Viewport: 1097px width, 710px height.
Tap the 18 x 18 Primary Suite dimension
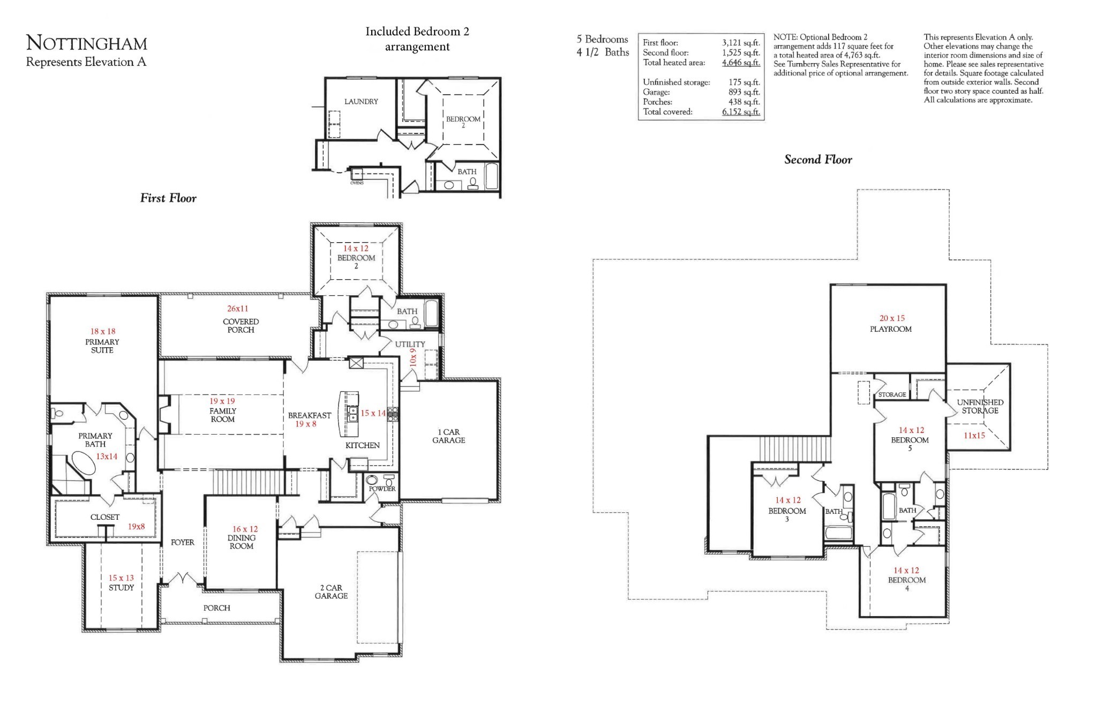102,332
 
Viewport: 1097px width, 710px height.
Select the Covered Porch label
241,326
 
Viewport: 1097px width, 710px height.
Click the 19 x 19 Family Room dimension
222,401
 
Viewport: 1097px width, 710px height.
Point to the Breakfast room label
309,415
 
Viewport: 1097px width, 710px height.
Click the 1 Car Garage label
448,436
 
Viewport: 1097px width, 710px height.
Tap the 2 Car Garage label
331,592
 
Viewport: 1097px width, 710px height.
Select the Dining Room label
241,542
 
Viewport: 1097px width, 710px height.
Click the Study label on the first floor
121,587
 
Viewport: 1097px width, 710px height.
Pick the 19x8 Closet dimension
136,527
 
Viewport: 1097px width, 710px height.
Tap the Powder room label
382,489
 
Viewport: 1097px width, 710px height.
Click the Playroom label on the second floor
890,329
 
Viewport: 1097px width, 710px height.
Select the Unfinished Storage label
980,406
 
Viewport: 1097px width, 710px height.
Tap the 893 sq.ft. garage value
743,92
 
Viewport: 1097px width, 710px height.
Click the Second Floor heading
817,160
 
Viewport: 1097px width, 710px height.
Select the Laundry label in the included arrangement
361,101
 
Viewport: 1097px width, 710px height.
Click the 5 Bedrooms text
602,40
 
